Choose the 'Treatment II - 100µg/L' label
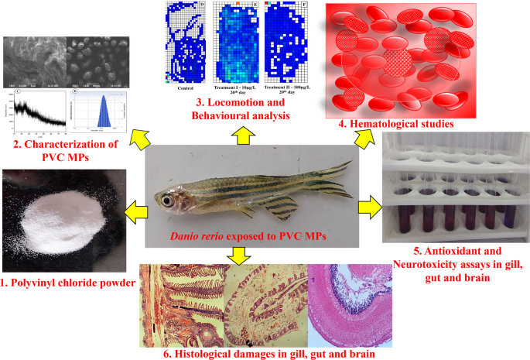tap(286, 90)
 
